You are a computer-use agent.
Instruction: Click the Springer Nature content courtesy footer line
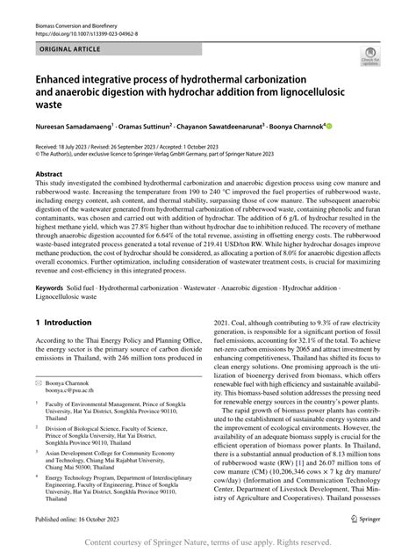(208, 542)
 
